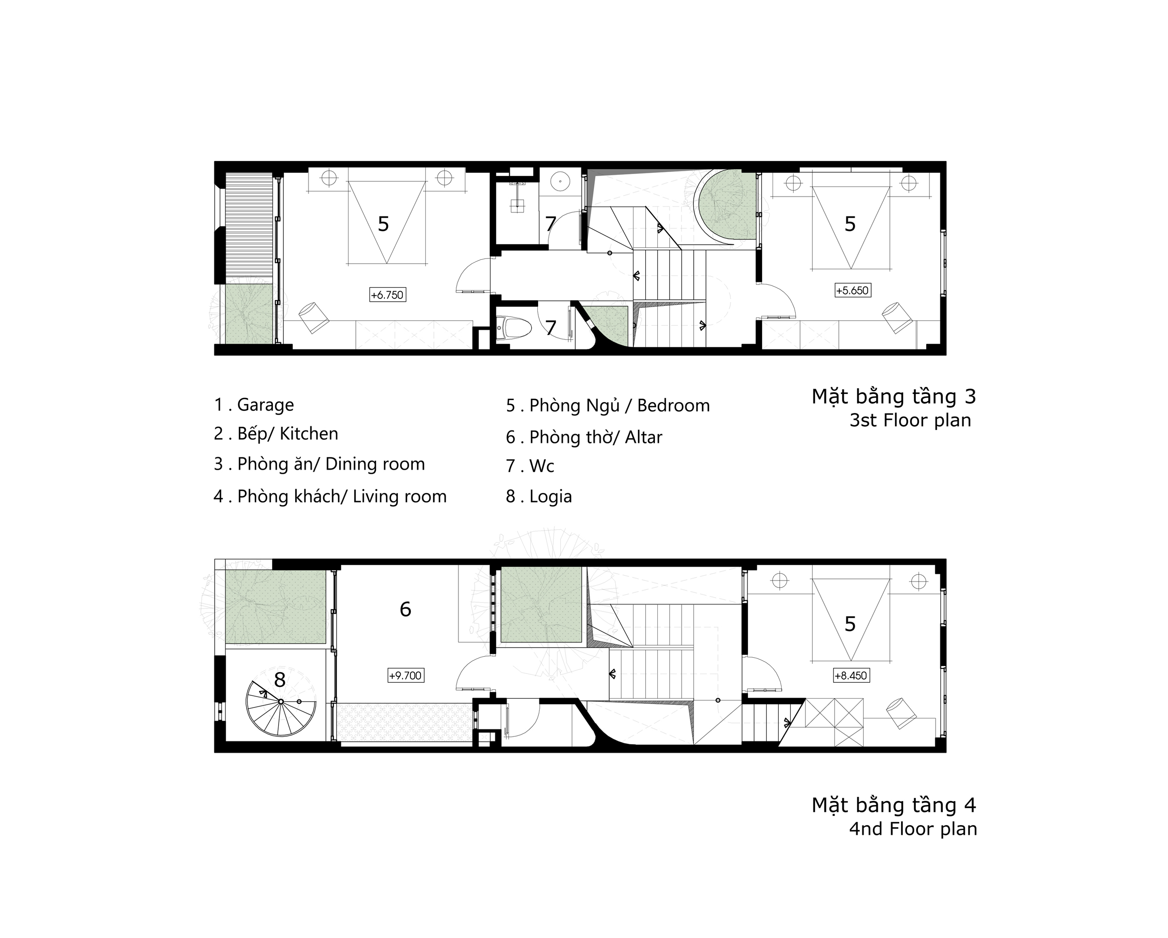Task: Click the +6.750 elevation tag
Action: point(387,295)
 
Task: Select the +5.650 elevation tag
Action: point(852,290)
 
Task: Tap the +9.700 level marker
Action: point(405,676)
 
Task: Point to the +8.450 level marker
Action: point(851,676)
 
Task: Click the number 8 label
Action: point(279,680)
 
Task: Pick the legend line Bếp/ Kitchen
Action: point(276,434)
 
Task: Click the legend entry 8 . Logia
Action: point(539,496)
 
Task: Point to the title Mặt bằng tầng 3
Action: point(893,397)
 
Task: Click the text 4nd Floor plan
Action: point(913,829)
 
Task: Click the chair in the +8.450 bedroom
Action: point(900,714)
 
